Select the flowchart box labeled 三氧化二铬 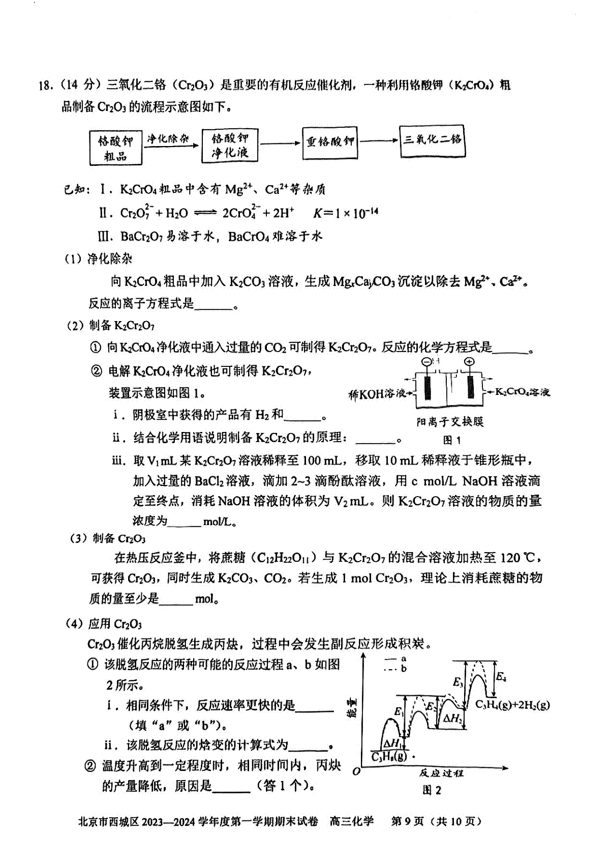tap(433, 139)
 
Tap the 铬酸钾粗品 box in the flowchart tap(115, 148)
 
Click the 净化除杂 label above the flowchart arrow tap(168, 138)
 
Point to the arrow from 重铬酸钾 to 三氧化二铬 tap(379, 141)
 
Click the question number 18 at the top tap(46, 85)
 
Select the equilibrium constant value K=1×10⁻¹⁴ tap(345, 213)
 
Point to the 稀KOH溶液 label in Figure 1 tap(377, 394)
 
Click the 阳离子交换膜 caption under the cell tap(449, 422)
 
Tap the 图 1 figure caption tap(451, 440)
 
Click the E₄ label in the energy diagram tap(501, 677)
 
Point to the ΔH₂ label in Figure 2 tap(452, 718)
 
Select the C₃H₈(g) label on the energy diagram tap(389, 757)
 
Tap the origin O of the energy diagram tap(356, 771)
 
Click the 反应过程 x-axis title tap(441, 773)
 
